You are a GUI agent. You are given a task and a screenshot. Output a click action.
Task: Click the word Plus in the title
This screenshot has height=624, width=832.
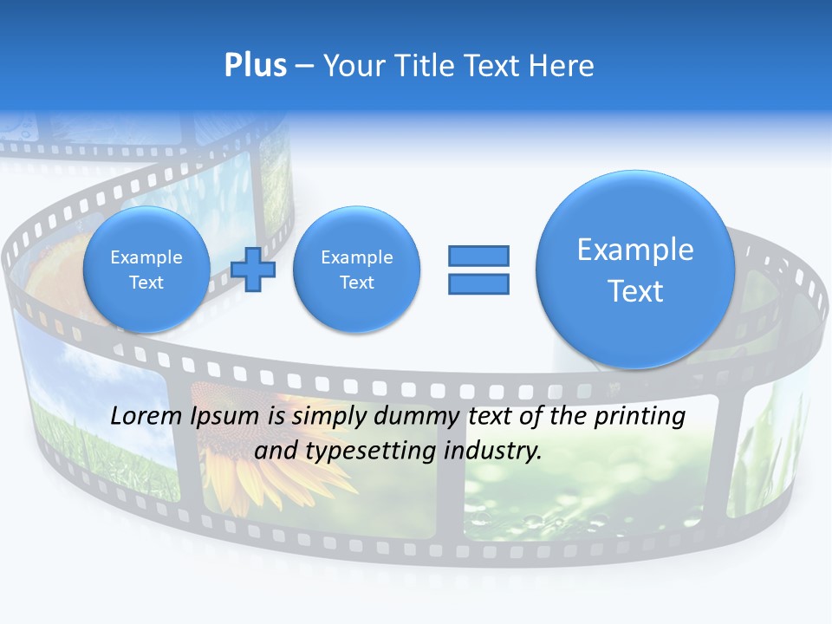pos(255,66)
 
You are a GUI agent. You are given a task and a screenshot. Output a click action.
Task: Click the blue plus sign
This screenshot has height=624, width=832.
pos(253,270)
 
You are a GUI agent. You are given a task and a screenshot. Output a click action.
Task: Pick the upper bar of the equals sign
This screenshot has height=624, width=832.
pos(478,256)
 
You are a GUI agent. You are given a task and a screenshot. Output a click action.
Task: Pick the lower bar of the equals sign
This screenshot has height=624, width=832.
pos(478,284)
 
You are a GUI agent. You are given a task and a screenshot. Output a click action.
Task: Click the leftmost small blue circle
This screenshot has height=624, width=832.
pos(146,270)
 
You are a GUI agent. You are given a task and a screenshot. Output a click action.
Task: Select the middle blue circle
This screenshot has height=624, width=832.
pos(356,270)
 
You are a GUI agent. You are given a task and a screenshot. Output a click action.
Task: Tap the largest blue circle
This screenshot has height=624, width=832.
pos(635,270)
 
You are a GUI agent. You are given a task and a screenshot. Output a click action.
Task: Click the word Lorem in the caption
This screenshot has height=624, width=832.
pos(148,417)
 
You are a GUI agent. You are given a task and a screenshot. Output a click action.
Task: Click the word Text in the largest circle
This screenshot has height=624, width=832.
pos(635,291)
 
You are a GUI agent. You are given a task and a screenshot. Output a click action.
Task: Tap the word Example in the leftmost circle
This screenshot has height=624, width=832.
pos(146,257)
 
